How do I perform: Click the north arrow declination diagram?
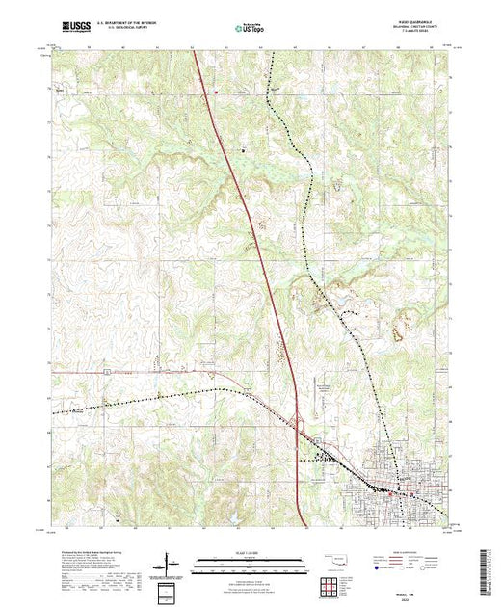point(171,563)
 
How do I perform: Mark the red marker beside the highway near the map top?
point(216,93)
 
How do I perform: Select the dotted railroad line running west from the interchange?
point(145,400)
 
